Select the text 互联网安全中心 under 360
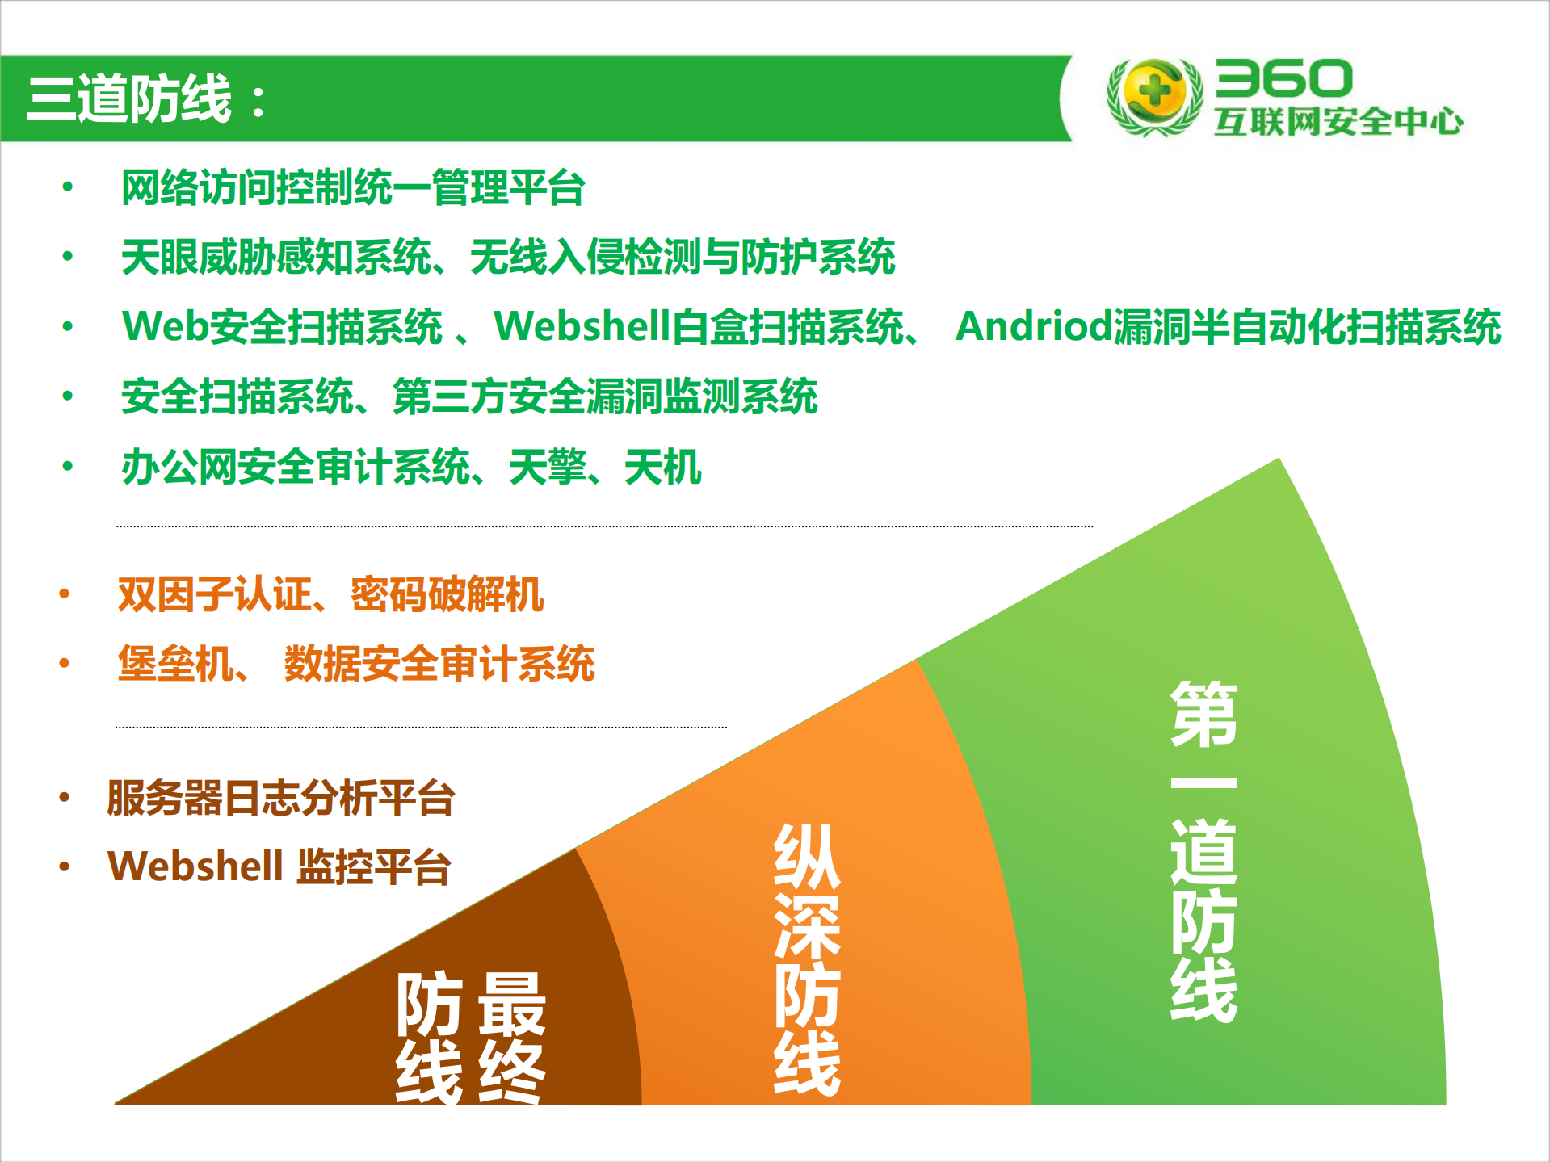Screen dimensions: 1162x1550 [1338, 121]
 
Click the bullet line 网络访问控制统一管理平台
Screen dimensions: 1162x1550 [352, 187]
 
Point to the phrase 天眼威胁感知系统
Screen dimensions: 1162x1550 [275, 257]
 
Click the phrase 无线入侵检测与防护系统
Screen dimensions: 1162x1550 [682, 257]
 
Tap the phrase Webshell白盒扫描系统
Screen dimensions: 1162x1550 [698, 327]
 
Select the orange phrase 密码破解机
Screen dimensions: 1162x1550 [446, 595]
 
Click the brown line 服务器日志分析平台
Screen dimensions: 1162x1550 [280, 798]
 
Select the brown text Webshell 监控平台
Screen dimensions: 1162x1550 [279, 866]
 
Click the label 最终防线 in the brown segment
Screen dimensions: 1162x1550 [470, 1037]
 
